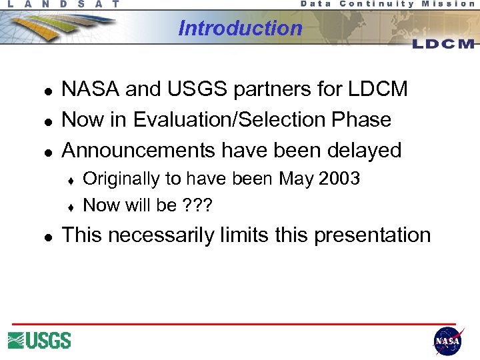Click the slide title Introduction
tap(240, 28)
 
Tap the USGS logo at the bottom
tap(39, 341)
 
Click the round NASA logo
tap(447, 341)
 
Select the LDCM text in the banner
tap(443, 44)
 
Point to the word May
tap(295, 179)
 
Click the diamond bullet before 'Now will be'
tap(70, 206)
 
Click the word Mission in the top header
tap(449, 4)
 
